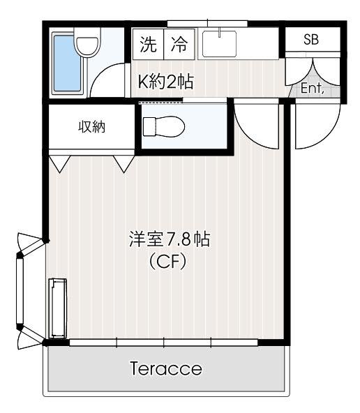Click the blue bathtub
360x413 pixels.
68,63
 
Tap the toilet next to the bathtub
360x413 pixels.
87,42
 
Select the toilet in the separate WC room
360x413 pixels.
163,127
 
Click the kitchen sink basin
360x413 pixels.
219,44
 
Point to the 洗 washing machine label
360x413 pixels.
149,44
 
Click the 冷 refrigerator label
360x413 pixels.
179,44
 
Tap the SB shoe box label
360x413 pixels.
311,40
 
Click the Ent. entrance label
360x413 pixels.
313,88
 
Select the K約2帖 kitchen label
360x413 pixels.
166,82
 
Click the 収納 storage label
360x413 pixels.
91,127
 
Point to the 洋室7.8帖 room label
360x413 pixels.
170,239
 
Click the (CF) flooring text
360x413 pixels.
167,261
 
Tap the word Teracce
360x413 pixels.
166,368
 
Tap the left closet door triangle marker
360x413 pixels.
60,163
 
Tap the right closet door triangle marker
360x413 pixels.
123,163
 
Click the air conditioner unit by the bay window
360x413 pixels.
58,308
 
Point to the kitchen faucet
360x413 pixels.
219,33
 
